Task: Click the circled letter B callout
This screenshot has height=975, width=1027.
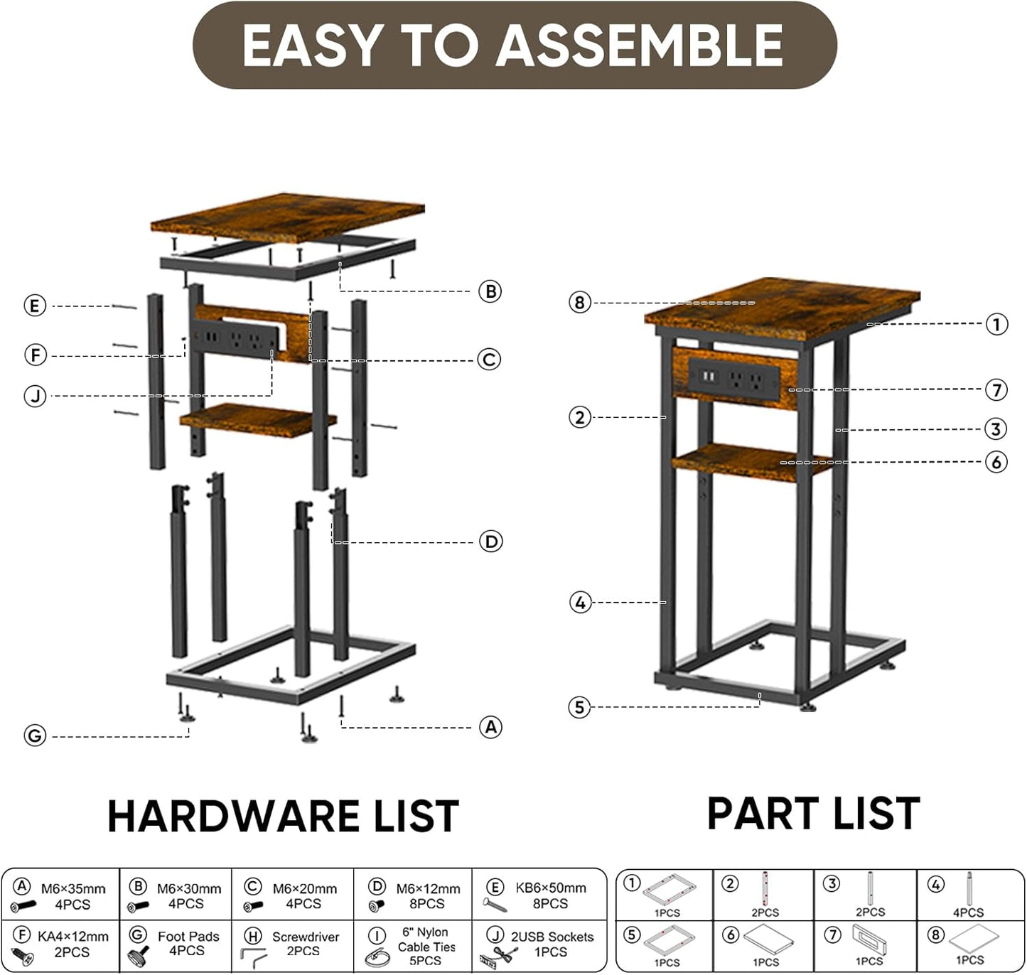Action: tap(490, 291)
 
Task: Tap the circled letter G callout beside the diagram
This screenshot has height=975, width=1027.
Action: tap(35, 736)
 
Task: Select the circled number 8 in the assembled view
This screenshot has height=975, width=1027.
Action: tap(579, 302)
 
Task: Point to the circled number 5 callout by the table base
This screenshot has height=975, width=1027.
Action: tap(579, 707)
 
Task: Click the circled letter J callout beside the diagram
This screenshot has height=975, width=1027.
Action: tap(35, 396)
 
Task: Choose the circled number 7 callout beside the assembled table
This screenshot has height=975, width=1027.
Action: tap(996, 390)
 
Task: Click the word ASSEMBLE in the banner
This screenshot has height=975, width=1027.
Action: tap(640, 45)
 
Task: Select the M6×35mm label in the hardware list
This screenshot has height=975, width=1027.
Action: tap(73, 888)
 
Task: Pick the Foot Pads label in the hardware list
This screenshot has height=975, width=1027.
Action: tap(188, 937)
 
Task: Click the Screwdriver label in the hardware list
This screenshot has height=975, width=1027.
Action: tap(306, 937)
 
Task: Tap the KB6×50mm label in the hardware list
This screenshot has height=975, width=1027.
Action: tap(551, 888)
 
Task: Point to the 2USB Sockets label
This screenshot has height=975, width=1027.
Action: tap(552, 937)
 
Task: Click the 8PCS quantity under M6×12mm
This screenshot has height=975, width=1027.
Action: tap(426, 904)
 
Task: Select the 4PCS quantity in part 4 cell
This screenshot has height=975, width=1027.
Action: tap(968, 912)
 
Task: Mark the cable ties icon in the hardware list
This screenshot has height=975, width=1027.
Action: tap(377, 958)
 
